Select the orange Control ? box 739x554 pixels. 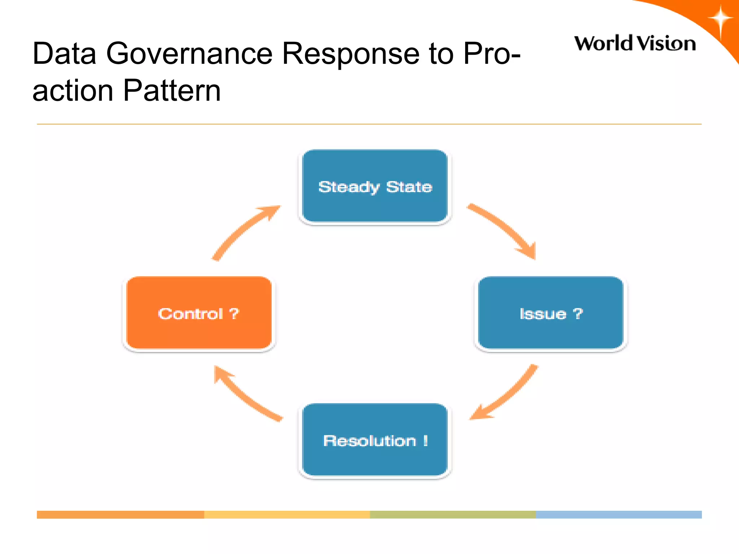199,313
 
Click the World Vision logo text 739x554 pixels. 635,43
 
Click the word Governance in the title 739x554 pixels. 189,53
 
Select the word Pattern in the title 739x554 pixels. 172,90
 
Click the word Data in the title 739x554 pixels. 64,53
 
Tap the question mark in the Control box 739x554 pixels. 234,313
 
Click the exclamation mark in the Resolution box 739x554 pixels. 426,440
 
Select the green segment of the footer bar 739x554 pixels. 453,514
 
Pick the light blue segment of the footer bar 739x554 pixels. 619,514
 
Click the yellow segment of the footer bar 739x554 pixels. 287,514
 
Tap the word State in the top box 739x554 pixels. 409,187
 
